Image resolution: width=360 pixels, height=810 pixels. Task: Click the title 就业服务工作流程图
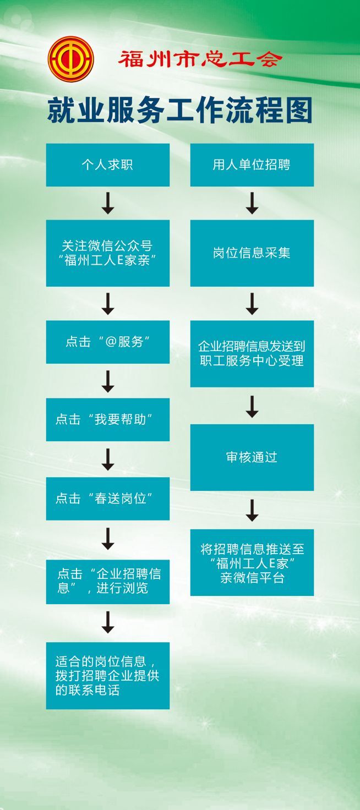click(179, 112)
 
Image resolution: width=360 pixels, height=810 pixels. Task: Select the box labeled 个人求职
click(107, 165)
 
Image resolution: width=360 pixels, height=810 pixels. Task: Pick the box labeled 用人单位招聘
click(252, 165)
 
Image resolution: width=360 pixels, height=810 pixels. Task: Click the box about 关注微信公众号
click(107, 253)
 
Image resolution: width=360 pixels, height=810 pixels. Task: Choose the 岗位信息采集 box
click(252, 253)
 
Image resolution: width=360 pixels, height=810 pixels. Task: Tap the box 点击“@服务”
click(107, 342)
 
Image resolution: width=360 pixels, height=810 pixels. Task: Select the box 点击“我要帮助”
click(107, 419)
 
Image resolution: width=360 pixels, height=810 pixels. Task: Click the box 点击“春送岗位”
click(107, 499)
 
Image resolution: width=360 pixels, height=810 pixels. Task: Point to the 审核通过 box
click(252, 457)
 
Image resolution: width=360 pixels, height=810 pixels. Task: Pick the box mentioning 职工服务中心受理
click(252, 354)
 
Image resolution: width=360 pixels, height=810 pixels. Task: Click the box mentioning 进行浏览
click(107, 582)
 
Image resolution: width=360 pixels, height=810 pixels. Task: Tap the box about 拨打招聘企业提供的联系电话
click(107, 675)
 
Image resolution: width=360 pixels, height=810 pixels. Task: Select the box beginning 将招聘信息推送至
click(252, 562)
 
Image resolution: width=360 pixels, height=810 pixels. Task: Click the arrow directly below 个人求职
click(108, 203)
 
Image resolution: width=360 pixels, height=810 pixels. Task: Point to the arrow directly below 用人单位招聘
click(252, 203)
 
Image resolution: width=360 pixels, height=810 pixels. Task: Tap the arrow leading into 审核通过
click(252, 406)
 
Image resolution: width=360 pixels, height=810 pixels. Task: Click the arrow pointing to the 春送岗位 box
click(108, 459)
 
